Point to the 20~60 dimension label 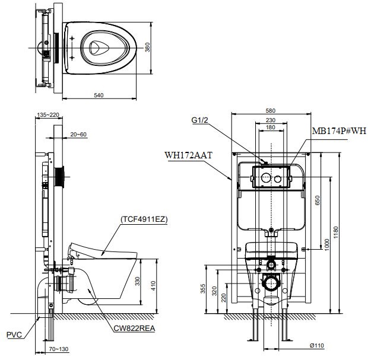click(x=78, y=135)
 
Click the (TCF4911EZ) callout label click(x=144, y=219)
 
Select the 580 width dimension click(x=271, y=111)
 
